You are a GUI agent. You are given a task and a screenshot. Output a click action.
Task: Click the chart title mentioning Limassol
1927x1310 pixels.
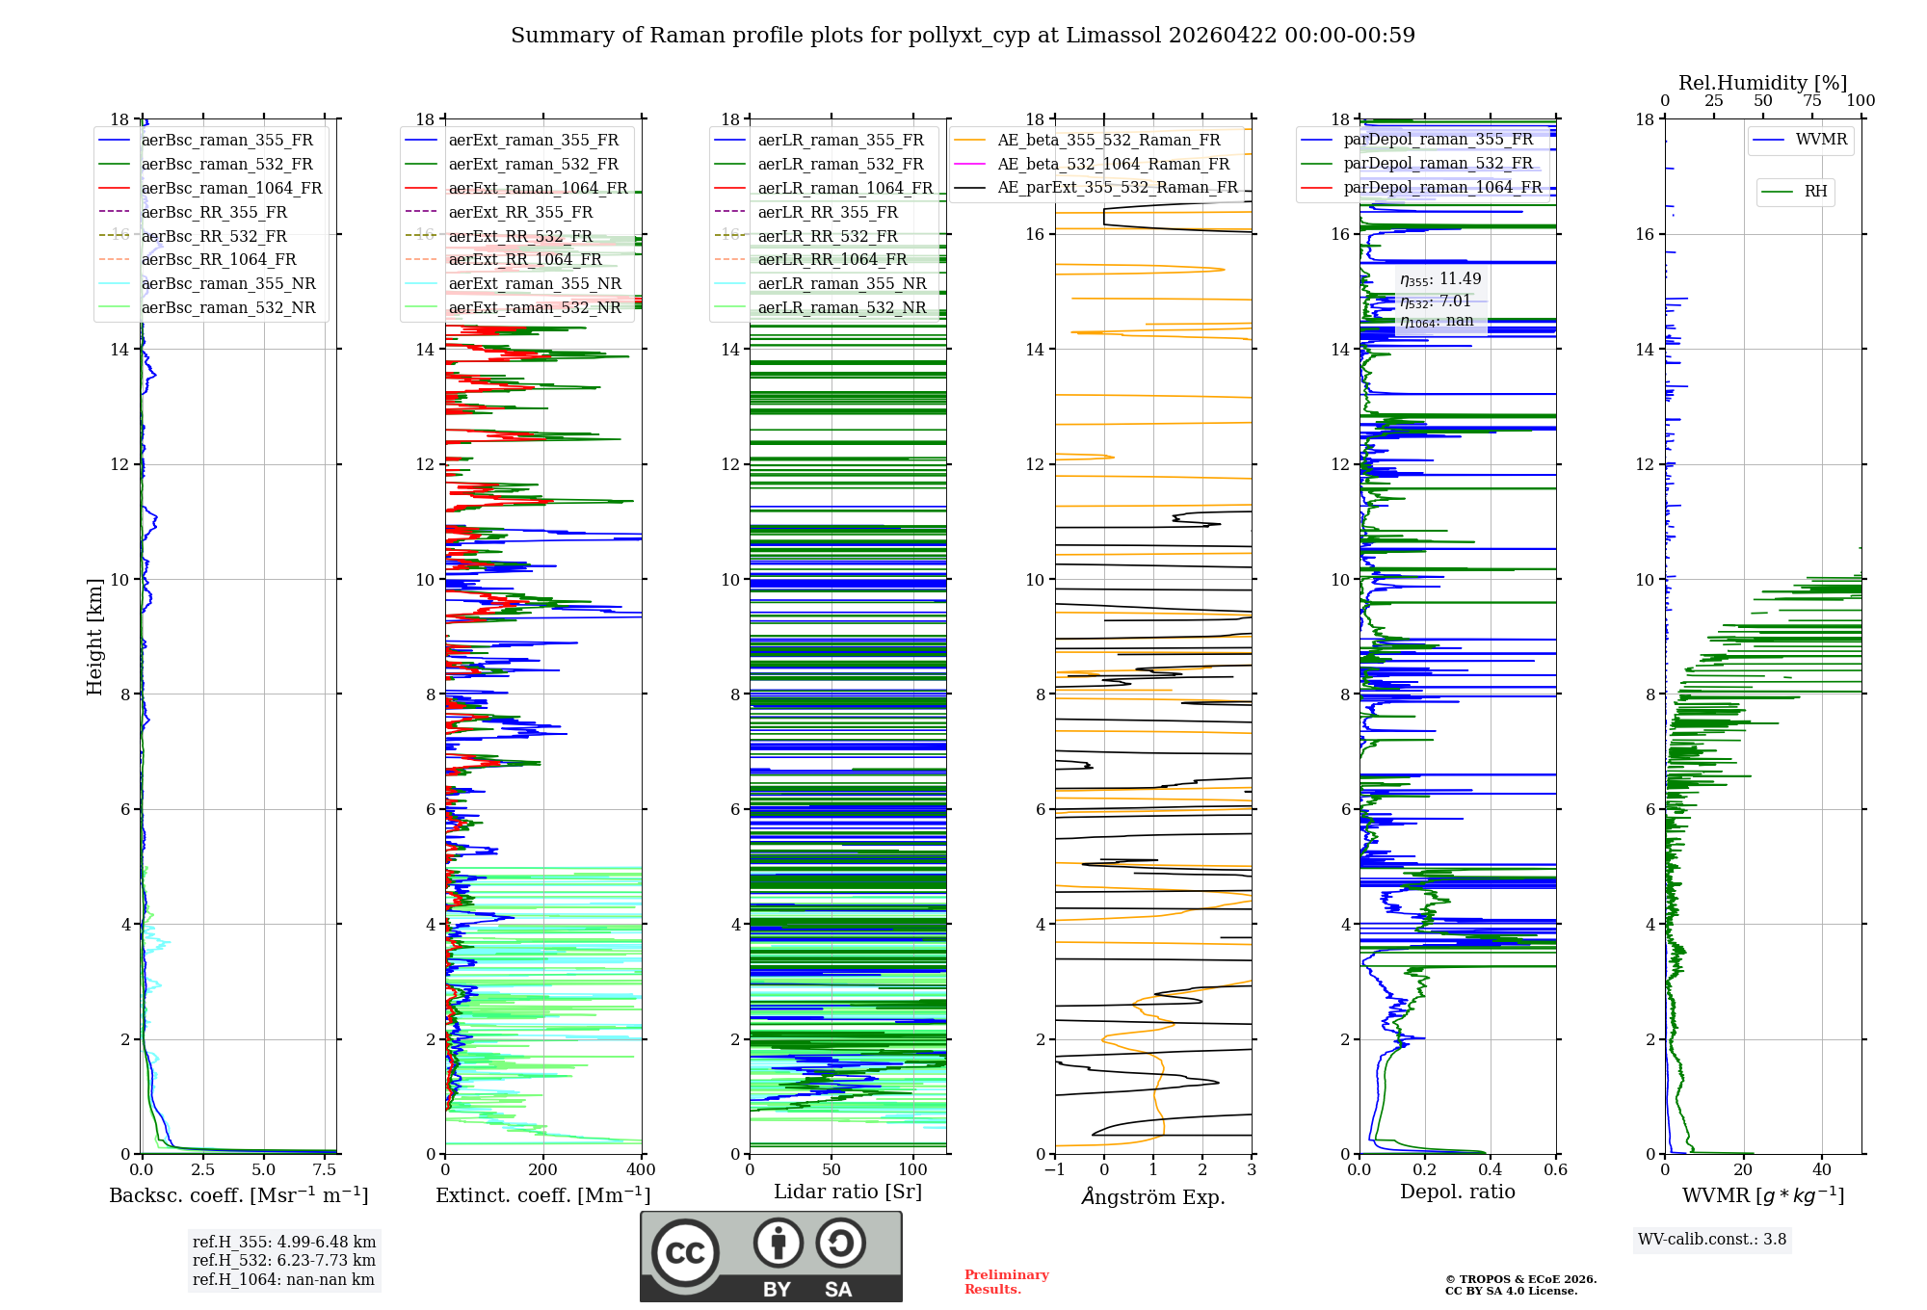963,36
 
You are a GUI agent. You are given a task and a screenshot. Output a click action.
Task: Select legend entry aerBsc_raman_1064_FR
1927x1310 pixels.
231,188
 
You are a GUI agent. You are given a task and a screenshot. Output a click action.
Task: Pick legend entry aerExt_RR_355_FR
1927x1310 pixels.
520,212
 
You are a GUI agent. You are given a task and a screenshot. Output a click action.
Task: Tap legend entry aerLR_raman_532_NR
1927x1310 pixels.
841,307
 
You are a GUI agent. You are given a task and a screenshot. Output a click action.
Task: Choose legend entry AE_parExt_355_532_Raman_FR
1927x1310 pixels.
1118,187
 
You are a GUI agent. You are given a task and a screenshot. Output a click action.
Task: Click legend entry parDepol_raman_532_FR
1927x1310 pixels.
1438,163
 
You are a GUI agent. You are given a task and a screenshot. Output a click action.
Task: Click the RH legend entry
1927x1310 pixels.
1815,192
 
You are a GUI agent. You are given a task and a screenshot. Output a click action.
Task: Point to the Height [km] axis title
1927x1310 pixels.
94,636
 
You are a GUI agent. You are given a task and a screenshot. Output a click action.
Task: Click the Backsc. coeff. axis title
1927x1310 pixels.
238,1195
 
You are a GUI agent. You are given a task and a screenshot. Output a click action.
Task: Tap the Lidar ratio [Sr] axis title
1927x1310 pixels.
848,1192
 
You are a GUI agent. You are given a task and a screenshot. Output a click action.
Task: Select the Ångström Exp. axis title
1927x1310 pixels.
1153,1197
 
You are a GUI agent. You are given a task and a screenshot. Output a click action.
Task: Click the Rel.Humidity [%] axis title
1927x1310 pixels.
1762,83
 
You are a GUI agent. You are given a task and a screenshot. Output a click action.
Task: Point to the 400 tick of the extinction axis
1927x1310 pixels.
641,1170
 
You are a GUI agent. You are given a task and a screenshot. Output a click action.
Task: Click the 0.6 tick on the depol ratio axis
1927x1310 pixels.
1555,1170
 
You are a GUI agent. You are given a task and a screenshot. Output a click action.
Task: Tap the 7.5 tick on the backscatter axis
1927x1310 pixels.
325,1170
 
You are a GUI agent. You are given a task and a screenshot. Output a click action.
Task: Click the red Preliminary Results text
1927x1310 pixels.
1006,1281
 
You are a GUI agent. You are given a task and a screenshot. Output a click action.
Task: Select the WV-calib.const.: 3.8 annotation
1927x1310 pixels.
1711,1240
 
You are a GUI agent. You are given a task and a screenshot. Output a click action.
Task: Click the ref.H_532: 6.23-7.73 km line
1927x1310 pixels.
283,1260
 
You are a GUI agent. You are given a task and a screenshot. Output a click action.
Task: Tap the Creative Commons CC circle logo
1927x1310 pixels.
685,1252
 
